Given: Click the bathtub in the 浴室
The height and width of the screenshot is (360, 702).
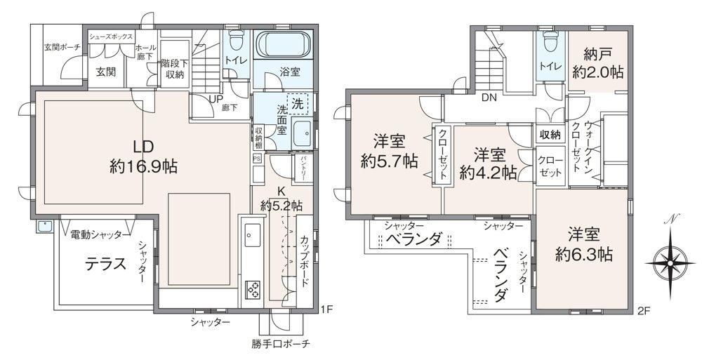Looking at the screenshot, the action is click(283, 45).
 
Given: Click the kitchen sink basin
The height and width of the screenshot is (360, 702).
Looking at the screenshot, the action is click(251, 233).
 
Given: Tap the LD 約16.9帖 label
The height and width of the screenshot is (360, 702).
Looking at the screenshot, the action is click(143, 156).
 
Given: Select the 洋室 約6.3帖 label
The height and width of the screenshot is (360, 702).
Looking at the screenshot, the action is click(584, 245).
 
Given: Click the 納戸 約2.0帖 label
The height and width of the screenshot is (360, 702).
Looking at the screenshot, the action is click(597, 63).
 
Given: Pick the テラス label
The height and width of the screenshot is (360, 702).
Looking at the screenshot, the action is click(106, 264).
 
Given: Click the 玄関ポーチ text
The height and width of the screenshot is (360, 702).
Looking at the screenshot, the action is click(62, 46).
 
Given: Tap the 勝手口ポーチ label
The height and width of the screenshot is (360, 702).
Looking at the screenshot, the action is click(281, 344).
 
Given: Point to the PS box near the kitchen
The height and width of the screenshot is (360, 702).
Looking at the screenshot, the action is click(257, 158).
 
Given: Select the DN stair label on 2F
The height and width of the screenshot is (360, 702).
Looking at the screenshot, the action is click(489, 98).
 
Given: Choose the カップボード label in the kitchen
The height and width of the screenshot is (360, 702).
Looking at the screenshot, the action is click(305, 260).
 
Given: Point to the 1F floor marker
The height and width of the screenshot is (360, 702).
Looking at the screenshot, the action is click(326, 309).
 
